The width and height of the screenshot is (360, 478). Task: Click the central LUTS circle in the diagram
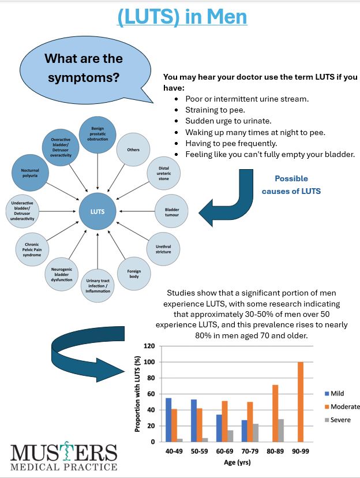[x=97, y=211]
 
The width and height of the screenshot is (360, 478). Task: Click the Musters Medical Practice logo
[x=63, y=457]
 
